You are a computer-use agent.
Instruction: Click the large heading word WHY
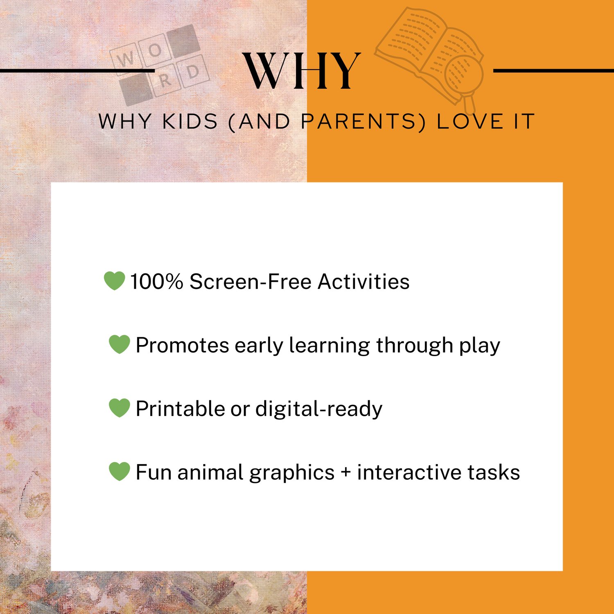point(302,71)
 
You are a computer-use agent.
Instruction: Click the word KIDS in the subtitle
point(190,122)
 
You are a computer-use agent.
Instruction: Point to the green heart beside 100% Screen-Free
point(114,281)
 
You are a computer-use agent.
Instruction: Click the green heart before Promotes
point(120,344)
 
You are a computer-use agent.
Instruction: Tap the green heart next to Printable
point(120,408)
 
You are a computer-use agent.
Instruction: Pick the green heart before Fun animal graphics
point(120,471)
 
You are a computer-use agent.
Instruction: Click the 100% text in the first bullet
point(156,282)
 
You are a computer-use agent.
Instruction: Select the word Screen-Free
point(251,282)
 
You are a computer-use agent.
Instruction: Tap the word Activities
point(363,282)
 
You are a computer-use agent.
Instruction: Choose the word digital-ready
point(319,409)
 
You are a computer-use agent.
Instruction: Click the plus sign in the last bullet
point(346,472)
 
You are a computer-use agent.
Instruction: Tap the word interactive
point(409,472)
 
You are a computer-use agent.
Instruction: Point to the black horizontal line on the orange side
point(553,71)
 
